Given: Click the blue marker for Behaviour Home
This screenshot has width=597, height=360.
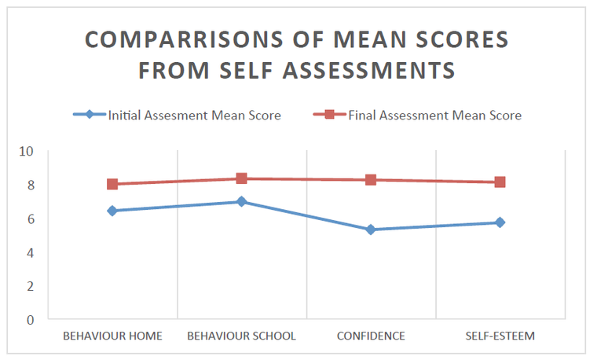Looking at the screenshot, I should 112,211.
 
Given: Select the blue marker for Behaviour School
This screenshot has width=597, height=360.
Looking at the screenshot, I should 242,202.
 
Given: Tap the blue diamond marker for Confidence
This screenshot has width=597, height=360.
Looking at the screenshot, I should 371,230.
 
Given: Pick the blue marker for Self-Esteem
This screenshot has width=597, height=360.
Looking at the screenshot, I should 500,222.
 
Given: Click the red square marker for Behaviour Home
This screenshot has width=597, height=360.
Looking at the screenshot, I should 112,184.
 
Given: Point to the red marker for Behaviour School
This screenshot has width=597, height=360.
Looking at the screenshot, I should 242,178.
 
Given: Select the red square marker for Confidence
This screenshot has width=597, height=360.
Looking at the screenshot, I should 371,180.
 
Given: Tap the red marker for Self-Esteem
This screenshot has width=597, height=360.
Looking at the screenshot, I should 500,182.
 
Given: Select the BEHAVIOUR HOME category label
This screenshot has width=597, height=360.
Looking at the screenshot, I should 112,336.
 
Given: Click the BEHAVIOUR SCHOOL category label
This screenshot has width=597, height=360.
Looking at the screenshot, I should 241,336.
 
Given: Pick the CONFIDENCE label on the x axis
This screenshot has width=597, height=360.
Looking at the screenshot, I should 371,336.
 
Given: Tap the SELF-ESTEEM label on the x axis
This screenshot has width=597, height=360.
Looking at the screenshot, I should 500,336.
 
